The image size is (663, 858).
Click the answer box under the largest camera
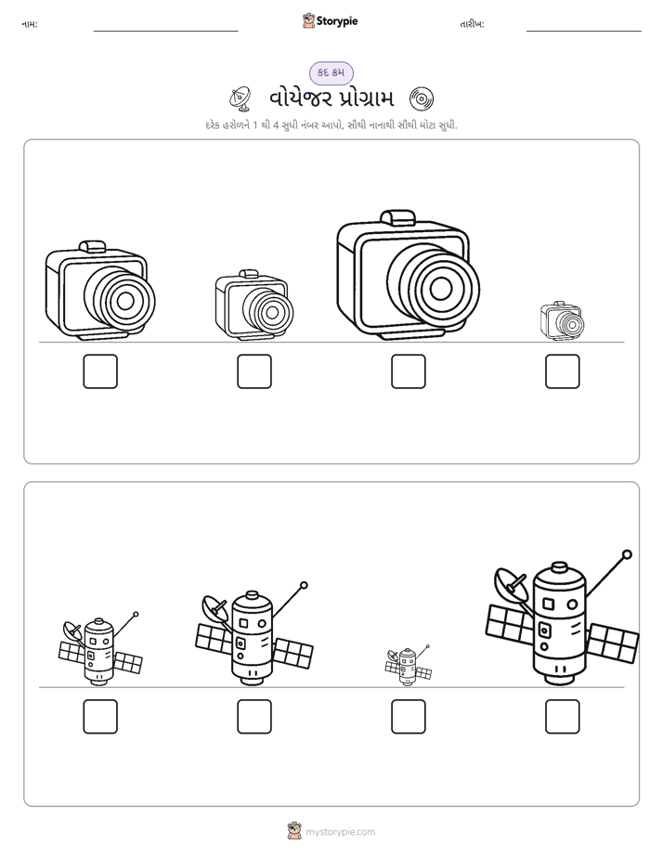408,371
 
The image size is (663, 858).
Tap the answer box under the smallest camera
562,371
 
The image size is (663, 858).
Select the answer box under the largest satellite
562,716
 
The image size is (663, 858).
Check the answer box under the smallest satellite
408,716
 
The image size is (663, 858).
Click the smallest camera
562,319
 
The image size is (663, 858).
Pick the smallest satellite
408,665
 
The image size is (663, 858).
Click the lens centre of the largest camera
441,289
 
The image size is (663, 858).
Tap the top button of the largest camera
397,216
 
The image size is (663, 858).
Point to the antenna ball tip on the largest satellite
628,554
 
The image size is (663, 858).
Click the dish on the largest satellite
511,587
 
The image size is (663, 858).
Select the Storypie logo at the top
330,21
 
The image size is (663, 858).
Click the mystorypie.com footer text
340,832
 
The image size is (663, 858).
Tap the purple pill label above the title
331,72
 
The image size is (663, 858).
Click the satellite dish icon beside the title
240,98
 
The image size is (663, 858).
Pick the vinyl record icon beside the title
422,99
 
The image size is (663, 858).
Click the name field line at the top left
165,32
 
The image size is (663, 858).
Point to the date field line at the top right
584,32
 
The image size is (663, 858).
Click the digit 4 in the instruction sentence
277,125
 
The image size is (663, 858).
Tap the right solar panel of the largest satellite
613,643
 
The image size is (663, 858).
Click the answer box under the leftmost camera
100,371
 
